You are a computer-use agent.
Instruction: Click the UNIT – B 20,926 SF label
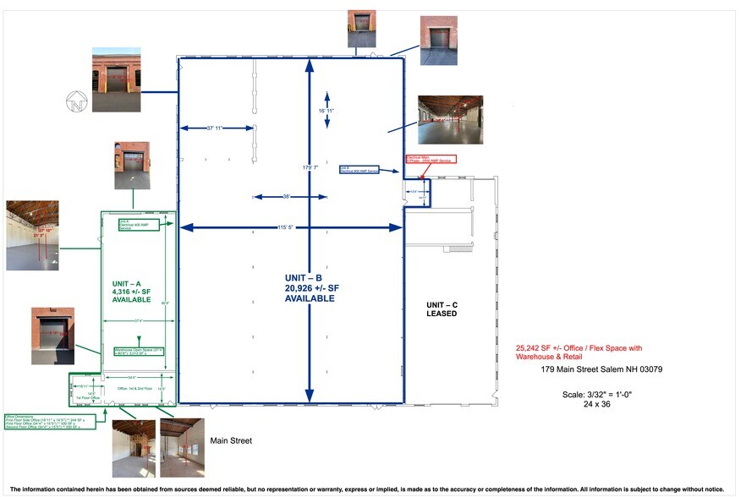pos(309,288)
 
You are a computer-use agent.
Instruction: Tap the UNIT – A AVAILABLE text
pos(131,292)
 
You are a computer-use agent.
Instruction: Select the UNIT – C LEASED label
pos(441,309)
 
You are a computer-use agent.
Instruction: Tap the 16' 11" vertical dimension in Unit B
pos(326,111)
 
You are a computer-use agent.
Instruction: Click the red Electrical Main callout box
pos(431,159)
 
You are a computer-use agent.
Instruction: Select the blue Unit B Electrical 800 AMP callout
pos(355,170)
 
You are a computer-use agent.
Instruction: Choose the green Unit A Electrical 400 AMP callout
pos(132,224)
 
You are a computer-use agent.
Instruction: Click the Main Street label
pos(231,440)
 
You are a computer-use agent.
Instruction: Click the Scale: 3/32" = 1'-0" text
pos(597,394)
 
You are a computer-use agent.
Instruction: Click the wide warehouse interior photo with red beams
pos(450,119)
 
